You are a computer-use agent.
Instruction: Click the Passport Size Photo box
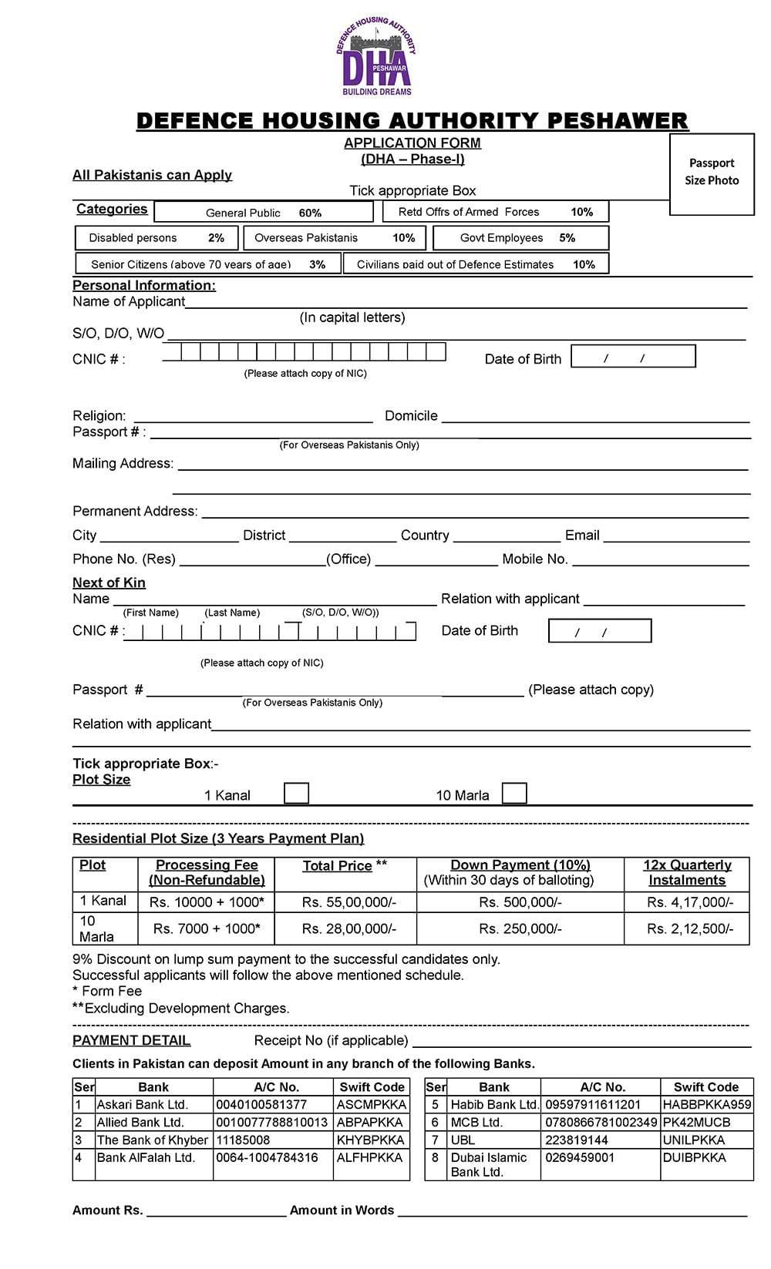[x=711, y=173]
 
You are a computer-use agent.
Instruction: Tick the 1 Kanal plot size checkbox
[x=296, y=794]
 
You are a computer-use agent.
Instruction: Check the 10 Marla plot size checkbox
[x=514, y=794]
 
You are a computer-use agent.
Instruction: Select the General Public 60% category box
[x=264, y=212]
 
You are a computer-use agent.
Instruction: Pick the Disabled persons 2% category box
[x=157, y=238]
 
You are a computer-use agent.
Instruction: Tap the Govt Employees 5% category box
[x=520, y=238]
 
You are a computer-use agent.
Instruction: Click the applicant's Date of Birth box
[x=633, y=357]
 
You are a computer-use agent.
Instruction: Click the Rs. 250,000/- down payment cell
[x=520, y=928]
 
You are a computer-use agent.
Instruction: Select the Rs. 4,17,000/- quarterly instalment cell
[x=687, y=902]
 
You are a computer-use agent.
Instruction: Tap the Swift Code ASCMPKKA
[x=371, y=1105]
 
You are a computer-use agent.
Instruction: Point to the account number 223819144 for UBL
[x=577, y=1140]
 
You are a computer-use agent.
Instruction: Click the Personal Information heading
[x=144, y=286]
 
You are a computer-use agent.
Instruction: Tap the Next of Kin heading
[x=109, y=582]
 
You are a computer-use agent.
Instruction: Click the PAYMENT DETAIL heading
[x=131, y=1041]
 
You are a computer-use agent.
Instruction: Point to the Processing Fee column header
[x=207, y=873]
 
